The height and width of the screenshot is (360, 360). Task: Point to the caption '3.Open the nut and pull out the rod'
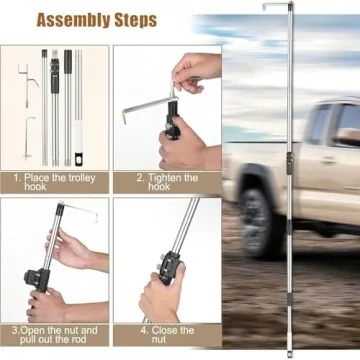54,336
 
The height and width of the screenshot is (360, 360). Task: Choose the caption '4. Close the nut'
167,336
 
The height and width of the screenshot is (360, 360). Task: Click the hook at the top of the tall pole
275,7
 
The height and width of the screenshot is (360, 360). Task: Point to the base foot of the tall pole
289,351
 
